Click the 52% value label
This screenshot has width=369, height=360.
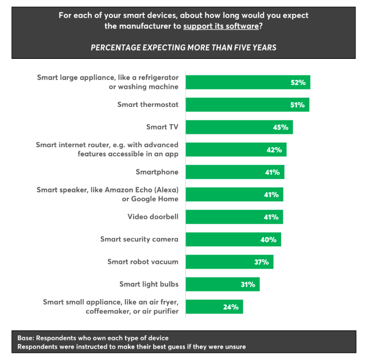click(298, 82)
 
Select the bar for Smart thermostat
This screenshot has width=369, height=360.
click(247, 105)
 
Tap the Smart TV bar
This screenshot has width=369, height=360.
click(239, 127)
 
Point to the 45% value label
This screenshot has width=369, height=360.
click(281, 127)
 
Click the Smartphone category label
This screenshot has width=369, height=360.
click(157, 172)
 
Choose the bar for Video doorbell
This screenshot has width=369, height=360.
click(234, 217)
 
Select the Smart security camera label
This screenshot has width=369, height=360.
click(139, 239)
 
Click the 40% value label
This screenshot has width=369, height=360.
click(269, 240)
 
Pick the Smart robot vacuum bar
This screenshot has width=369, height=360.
click(229, 262)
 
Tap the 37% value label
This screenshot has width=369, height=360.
click(261, 262)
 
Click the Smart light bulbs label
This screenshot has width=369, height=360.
click(149, 284)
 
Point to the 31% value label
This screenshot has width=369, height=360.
click(247, 284)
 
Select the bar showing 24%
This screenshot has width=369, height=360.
click(214, 307)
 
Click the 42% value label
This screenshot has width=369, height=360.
click(274, 150)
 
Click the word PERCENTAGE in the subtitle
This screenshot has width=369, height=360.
click(115, 48)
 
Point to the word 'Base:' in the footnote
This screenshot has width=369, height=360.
click(27, 338)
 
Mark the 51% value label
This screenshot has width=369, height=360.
click(297, 105)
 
